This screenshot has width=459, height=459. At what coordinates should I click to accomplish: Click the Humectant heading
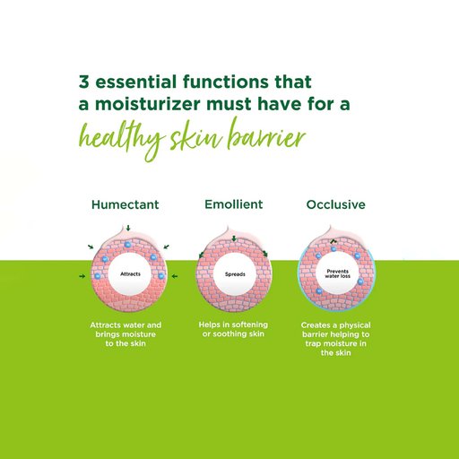126,204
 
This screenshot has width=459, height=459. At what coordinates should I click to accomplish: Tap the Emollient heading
234,204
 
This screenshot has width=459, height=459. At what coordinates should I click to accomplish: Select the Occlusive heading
336,204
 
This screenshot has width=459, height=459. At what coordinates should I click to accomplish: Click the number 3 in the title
84,82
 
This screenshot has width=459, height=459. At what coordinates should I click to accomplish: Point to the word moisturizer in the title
148,104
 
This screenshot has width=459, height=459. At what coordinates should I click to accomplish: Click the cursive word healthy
122,139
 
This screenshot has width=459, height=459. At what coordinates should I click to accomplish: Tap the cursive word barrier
266,134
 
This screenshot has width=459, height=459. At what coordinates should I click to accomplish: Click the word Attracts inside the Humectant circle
130,274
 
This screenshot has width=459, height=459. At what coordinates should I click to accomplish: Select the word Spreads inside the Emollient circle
235,274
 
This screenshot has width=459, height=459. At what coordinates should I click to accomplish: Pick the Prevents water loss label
337,273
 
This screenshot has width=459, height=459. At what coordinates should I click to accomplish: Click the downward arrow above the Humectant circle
128,229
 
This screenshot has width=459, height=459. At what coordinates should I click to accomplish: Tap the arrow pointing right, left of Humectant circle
82,276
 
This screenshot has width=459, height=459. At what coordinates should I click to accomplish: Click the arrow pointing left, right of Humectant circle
175,276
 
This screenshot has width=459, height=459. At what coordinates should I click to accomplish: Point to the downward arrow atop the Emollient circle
234,238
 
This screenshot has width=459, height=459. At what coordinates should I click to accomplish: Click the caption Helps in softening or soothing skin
233,329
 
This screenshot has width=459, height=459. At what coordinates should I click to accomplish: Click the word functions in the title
226,82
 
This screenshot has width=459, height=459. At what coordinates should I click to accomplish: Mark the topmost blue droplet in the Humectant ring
127,245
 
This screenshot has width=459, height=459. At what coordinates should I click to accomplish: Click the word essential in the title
136,82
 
